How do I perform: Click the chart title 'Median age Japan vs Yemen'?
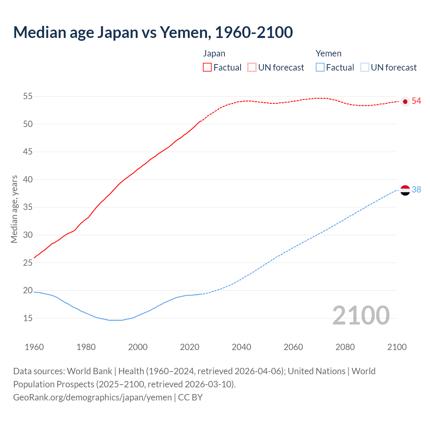tap(153, 32)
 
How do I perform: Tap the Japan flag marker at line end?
tap(405, 101)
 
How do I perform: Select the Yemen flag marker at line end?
tap(405, 190)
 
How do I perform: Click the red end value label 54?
tap(416, 101)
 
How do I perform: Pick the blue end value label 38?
tap(416, 190)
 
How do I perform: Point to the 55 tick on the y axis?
tap(28, 96)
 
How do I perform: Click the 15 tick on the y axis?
tap(28, 318)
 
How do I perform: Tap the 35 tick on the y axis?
tap(28, 207)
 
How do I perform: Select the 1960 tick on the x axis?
tap(34, 347)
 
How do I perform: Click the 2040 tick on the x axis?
tap(241, 347)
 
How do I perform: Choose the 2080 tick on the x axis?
tap(345, 347)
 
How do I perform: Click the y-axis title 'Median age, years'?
tap(14, 209)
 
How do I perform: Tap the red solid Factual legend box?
tap(207, 68)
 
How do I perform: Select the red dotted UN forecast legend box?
tap(252, 68)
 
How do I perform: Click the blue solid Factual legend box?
tap(320, 68)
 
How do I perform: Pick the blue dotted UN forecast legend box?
tap(365, 68)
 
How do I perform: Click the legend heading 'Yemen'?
tap(328, 54)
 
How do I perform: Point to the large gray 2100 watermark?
tap(361, 315)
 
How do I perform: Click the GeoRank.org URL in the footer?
tap(92, 397)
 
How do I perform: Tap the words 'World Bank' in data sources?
tap(89, 371)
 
